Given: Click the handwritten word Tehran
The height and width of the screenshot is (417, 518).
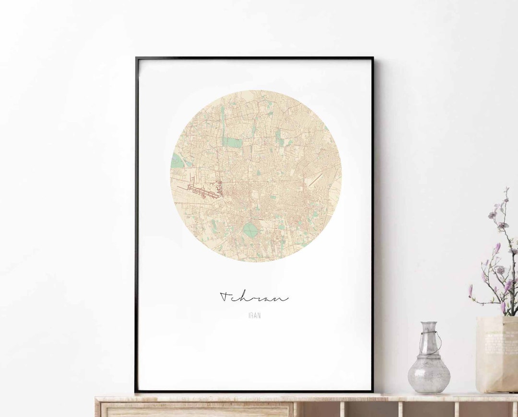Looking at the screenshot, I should click(x=254, y=297).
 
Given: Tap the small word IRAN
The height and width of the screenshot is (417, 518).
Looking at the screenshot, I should click(x=255, y=315).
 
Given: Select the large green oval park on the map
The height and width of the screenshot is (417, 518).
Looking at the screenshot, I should click(x=250, y=230).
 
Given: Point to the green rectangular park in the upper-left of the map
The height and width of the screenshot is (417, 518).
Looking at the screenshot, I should click(x=232, y=142).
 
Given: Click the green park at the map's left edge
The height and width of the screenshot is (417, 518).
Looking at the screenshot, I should click(x=177, y=161).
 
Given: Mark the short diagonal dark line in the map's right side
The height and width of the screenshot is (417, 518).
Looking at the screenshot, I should click(x=315, y=180).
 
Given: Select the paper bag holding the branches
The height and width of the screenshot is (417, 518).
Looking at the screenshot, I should click(x=496, y=355).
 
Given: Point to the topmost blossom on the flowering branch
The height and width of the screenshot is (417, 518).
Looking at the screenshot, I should click(x=506, y=191).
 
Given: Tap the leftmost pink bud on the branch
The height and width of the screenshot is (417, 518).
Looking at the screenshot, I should click(x=471, y=290).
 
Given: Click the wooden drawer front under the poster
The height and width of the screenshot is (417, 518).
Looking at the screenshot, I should click(x=197, y=411).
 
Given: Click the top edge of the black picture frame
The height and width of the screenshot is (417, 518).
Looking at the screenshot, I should click(x=254, y=58).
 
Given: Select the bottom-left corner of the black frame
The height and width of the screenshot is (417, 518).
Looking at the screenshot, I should click(x=137, y=390).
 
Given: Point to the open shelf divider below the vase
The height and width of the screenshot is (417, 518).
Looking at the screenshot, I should click(x=400, y=410).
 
